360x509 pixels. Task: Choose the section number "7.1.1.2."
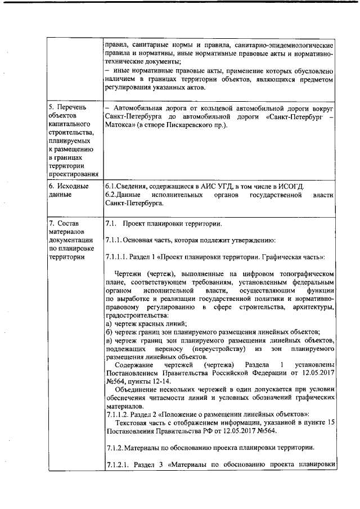click(x=118, y=415)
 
